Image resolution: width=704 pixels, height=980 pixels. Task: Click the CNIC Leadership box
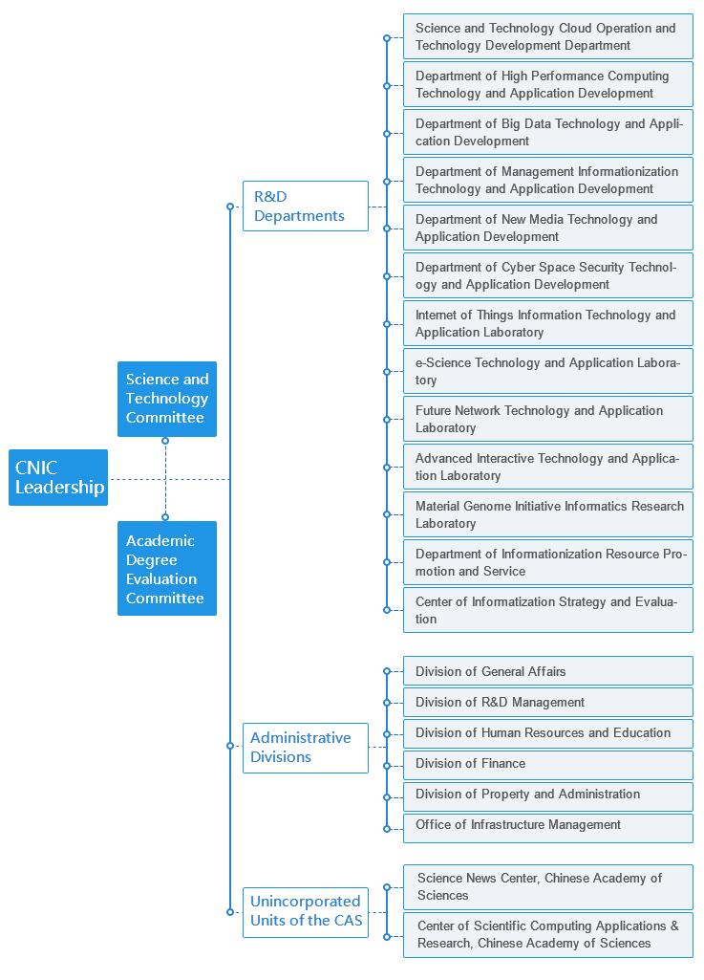(58, 477)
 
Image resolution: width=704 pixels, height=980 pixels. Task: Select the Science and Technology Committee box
(167, 399)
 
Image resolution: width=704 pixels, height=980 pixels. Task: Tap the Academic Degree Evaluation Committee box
(167, 568)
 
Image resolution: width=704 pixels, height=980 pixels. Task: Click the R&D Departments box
(306, 207)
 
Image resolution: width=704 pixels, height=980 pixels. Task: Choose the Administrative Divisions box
(306, 748)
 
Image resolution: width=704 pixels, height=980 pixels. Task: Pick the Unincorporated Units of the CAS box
(306, 912)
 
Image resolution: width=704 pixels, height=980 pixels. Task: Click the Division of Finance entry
(548, 764)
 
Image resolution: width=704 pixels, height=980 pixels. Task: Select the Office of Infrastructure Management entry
(548, 827)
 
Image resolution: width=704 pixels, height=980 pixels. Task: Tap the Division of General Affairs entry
(548, 670)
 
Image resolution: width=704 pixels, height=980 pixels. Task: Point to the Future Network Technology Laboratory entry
(548, 419)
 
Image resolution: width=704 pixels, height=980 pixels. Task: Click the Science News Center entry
(548, 887)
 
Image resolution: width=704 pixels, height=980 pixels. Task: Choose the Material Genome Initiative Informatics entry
(548, 514)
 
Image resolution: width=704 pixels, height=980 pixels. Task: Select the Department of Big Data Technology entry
(548, 132)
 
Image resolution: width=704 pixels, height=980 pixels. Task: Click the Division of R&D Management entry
(548, 702)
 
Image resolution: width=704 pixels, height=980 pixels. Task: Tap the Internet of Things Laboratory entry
(548, 323)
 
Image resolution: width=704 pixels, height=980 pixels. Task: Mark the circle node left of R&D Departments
(230, 207)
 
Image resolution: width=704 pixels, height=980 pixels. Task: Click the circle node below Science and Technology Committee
(165, 441)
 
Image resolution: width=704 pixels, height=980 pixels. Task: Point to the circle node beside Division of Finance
(387, 766)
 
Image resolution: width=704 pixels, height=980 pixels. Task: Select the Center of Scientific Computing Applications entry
(548, 935)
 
